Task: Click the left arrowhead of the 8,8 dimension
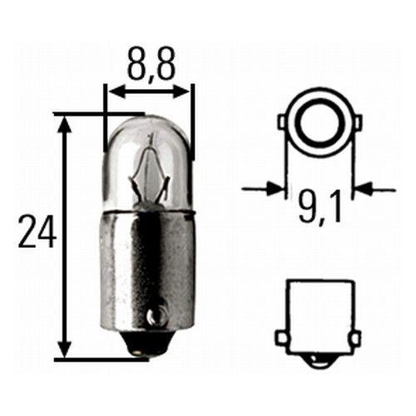[111, 89]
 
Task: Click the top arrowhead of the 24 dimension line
[63, 121]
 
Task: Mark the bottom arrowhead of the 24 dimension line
[63, 353]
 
